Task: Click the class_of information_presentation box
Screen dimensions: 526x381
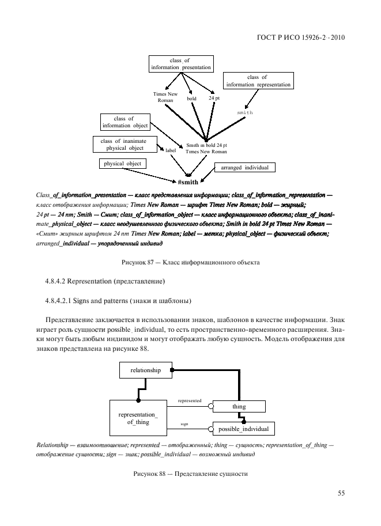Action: (x=181, y=64)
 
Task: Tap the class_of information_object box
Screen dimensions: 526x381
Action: (x=124, y=122)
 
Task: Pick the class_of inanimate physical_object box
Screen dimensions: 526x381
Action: (x=123, y=144)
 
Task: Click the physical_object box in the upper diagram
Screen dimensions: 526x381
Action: (x=122, y=164)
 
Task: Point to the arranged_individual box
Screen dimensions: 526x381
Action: (x=244, y=168)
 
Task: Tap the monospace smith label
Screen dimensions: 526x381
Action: (x=245, y=112)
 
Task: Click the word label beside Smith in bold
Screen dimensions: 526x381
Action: (x=171, y=151)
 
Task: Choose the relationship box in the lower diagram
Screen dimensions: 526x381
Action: (x=146, y=370)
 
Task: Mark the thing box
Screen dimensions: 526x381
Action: (x=239, y=407)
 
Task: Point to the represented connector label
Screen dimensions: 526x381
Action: (x=190, y=400)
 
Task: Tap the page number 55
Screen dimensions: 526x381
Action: (x=341, y=493)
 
